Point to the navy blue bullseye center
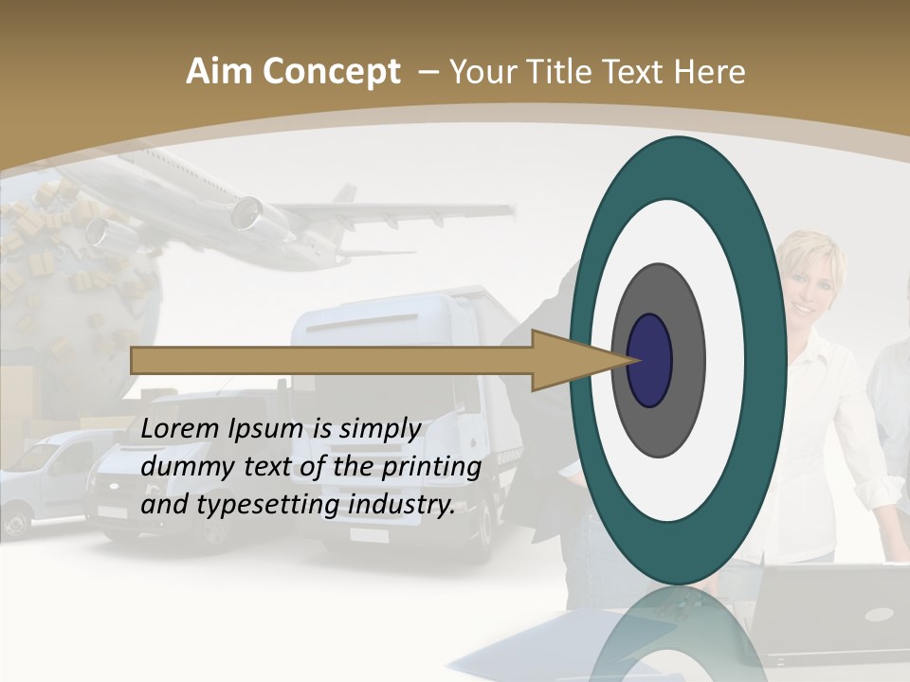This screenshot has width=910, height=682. point(650,360)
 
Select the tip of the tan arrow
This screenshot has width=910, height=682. point(638,360)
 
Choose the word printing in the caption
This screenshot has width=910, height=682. point(431,467)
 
